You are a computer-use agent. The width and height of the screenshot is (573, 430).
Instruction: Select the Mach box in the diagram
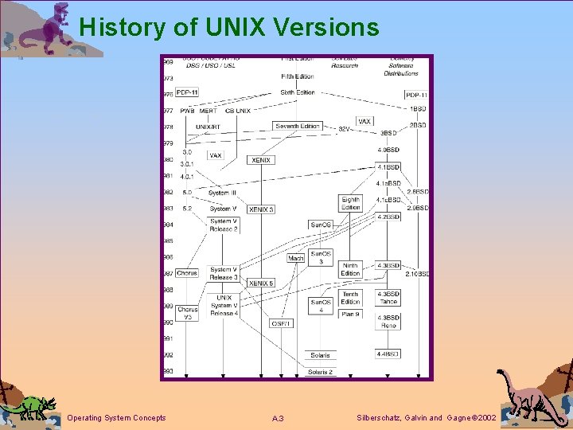[296, 258]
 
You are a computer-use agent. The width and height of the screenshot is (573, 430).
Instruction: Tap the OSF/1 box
[281, 323]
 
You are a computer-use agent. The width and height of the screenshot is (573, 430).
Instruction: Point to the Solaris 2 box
[321, 371]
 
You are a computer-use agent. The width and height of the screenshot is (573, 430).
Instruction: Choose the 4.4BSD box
[388, 354]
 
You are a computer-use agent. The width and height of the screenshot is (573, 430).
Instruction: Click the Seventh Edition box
[298, 126]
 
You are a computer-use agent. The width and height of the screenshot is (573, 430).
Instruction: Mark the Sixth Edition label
[298, 92]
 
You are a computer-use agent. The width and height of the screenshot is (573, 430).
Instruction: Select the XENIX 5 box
[261, 283]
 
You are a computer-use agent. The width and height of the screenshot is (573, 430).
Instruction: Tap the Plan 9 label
[351, 314]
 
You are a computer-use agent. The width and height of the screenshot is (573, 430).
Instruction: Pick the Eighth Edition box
[351, 203]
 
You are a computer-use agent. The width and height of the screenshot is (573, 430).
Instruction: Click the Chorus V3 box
[187, 314]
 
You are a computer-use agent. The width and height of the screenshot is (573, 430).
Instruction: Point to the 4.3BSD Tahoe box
[388, 297]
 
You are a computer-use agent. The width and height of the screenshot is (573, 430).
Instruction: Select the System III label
[222, 193]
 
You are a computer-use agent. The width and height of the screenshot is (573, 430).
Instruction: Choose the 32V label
[345, 128]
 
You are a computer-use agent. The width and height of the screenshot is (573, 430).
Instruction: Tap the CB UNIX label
[237, 111]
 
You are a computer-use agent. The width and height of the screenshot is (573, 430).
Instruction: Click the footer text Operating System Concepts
[117, 418]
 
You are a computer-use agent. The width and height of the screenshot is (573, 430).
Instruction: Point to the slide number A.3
[278, 419]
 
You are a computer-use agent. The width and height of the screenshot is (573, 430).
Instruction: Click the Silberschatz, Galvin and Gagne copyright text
[427, 418]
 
